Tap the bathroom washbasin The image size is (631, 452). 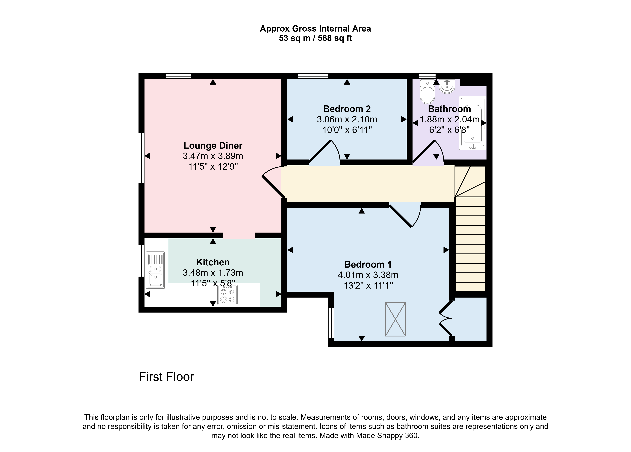[x=447, y=86]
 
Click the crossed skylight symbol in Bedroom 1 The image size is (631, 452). [x=395, y=319]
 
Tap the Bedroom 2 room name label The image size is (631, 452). [x=347, y=109]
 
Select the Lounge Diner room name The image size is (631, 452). [x=213, y=146]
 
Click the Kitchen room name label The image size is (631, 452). [x=213, y=262]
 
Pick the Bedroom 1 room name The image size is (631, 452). [x=368, y=264]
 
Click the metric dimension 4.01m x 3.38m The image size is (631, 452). [x=368, y=275]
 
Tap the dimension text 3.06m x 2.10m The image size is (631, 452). [x=347, y=119]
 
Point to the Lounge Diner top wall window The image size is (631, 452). [x=179, y=76]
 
